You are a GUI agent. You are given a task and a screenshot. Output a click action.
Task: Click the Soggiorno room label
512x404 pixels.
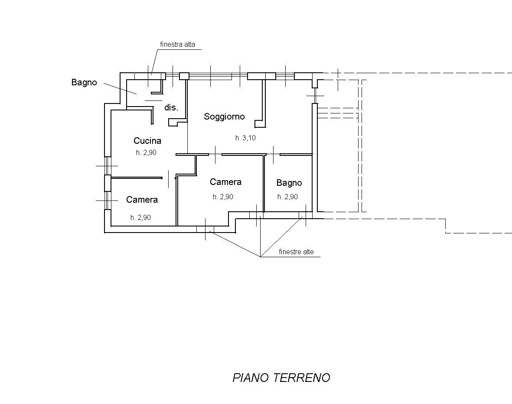coord(224,117)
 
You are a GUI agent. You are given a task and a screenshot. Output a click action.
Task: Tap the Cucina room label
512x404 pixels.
coord(147,141)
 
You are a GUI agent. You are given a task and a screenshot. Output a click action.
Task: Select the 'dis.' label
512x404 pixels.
coord(171,107)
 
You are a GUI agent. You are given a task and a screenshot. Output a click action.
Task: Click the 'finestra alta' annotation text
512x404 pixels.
coord(177,44)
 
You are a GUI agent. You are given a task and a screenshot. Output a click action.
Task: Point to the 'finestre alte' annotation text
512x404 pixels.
coord(296,252)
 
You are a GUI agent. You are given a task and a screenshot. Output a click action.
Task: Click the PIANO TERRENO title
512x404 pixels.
coord(281,378)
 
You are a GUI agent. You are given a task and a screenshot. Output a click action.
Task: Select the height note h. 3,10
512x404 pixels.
coord(245,138)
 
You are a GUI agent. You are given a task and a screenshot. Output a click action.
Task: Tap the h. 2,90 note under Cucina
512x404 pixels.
coord(146,152)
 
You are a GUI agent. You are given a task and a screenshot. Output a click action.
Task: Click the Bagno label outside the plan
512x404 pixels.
coord(84,82)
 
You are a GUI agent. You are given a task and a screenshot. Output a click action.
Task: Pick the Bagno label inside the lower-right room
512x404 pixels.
coord(289,183)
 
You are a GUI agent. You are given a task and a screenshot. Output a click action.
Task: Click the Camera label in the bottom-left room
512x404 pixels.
coord(142,200)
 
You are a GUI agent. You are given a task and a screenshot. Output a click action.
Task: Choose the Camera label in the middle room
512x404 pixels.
coord(225,181)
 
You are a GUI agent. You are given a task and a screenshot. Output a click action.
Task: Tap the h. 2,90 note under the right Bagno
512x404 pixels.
coord(288,197)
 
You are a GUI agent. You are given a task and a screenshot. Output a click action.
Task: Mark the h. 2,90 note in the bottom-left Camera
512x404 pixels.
coord(141,217)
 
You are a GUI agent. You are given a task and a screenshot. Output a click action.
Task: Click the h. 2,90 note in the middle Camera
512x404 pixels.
coord(223,197)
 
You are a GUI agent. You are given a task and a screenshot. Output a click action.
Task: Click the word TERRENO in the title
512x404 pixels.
coord(301,378)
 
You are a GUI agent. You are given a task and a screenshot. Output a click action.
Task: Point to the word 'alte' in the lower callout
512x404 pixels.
coord(308,252)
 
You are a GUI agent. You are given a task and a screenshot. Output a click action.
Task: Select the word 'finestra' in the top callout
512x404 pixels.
coord(171,44)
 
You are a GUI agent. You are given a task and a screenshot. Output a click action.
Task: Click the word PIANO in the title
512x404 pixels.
coord(251,378)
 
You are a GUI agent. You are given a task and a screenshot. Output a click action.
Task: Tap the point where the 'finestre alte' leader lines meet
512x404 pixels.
coord(261,257)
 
